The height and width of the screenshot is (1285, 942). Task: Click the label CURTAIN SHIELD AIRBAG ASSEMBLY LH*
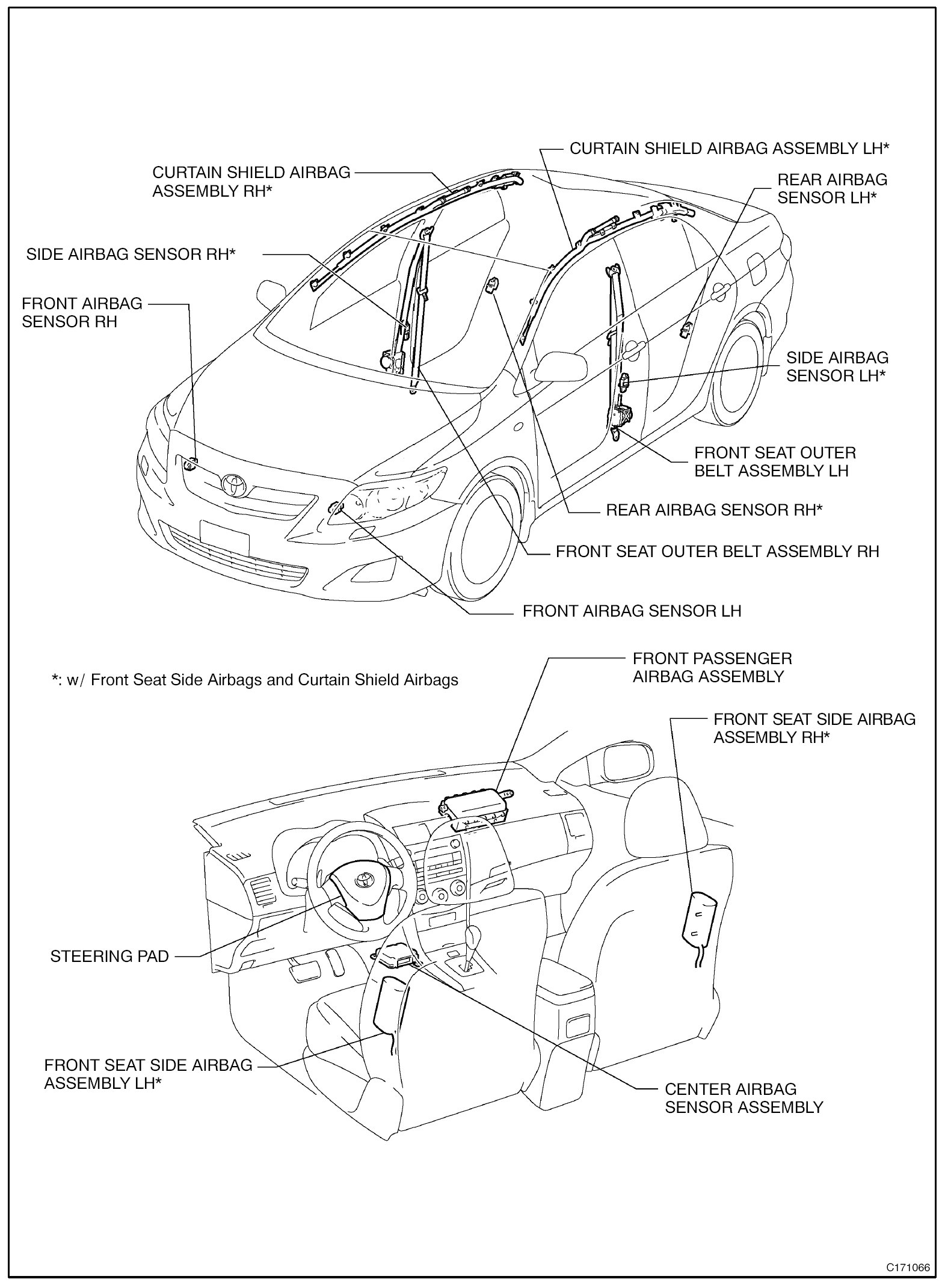coord(729,149)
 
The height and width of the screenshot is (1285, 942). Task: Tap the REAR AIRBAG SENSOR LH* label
coord(832,188)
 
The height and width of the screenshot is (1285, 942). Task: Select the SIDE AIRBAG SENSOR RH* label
coord(131,254)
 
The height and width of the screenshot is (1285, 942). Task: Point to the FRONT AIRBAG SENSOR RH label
coord(82,312)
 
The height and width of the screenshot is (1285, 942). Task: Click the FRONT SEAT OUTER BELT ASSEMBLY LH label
coord(775,461)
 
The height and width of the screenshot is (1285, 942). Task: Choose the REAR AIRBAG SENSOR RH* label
coord(714,510)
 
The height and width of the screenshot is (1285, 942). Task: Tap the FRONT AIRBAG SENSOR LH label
coord(632,611)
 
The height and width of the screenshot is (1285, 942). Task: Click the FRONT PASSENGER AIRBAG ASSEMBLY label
coord(712,667)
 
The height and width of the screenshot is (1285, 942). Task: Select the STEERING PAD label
coord(109,957)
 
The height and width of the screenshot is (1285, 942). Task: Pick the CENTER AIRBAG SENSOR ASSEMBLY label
coord(743,1098)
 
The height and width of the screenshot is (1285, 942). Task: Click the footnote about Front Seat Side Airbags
coord(255,680)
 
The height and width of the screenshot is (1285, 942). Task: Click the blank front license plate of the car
coord(224,537)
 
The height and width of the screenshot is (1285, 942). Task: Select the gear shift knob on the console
coord(475,935)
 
